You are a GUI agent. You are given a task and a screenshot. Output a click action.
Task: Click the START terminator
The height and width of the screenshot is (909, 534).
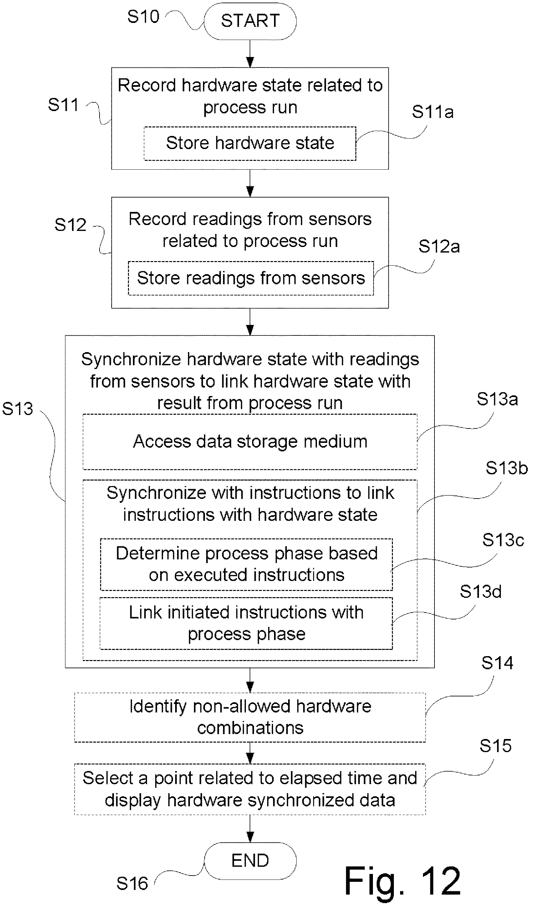[x=250, y=21]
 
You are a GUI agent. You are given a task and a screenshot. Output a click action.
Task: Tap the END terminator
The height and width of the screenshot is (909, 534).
[x=250, y=861]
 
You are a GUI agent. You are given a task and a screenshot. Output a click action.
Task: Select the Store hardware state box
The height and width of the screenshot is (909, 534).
[x=250, y=143]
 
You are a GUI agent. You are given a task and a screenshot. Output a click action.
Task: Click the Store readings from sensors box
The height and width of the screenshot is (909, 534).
[x=251, y=278]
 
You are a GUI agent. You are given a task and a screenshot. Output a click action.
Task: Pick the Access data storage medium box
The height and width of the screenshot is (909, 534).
[x=250, y=442]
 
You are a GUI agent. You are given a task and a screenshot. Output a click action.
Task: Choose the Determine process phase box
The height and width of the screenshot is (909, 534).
[x=246, y=564]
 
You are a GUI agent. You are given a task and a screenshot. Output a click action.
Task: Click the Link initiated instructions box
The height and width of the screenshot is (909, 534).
[x=246, y=623]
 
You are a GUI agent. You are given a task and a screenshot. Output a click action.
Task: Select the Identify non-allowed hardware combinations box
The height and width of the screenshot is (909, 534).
[x=250, y=717]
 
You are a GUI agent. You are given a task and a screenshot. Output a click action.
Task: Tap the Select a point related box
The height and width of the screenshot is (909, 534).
[x=250, y=789]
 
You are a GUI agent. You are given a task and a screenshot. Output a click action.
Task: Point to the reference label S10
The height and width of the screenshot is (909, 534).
[x=143, y=17]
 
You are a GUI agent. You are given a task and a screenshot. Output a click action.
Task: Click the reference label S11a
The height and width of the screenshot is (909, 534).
[x=433, y=112]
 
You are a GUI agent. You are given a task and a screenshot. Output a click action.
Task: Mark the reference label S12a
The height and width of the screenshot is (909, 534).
[x=439, y=247]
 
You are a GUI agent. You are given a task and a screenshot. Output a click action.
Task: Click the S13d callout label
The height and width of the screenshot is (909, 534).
[x=481, y=592]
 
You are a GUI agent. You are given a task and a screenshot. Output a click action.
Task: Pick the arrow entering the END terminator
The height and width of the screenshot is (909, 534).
[x=250, y=828]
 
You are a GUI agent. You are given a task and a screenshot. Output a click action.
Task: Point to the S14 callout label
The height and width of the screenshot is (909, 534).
[x=497, y=663]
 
